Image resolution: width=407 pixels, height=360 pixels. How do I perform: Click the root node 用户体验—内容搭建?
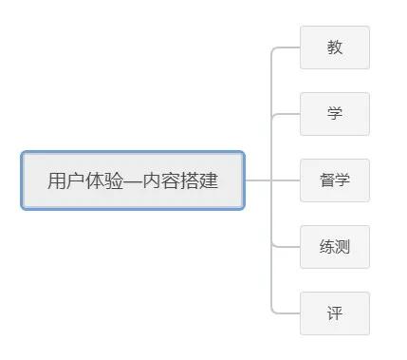(x=133, y=180)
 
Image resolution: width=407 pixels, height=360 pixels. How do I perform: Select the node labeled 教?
(x=335, y=47)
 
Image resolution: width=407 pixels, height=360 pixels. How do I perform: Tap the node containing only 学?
(x=335, y=114)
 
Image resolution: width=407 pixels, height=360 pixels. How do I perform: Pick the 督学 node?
(x=335, y=180)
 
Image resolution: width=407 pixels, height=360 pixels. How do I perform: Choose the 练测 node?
(x=335, y=247)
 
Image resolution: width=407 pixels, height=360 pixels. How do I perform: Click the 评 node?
(x=335, y=313)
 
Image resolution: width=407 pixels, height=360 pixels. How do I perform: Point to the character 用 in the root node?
(x=57, y=180)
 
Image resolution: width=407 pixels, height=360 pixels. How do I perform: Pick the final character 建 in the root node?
(x=209, y=180)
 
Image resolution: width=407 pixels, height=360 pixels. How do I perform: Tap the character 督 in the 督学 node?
(x=327, y=180)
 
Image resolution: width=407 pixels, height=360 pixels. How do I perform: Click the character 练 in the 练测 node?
(x=327, y=247)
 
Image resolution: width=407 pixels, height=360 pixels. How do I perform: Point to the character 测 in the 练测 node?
(x=342, y=247)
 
